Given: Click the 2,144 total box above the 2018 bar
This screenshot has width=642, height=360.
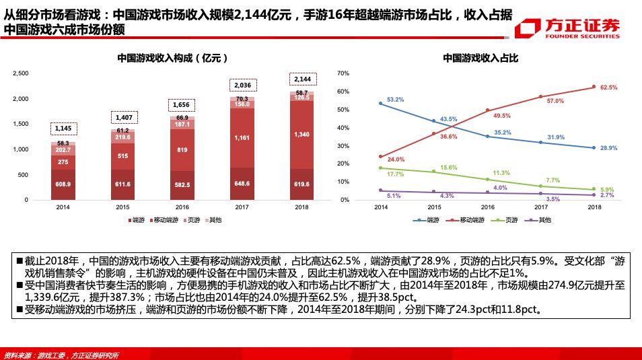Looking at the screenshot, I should click(301, 79).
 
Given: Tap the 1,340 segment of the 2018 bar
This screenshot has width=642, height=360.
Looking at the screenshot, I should click(301, 135).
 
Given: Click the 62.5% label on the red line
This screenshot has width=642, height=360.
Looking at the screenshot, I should click(608, 87).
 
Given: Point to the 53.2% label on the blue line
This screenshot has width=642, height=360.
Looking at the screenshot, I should click(395, 100).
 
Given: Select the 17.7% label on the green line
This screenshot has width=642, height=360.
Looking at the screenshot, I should click(395, 174).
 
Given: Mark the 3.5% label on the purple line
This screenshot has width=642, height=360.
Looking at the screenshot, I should click(553, 199).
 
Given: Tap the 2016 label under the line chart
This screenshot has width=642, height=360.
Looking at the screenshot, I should click(487, 207).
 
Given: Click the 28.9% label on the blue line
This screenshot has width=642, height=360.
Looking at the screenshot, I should click(608, 147).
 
